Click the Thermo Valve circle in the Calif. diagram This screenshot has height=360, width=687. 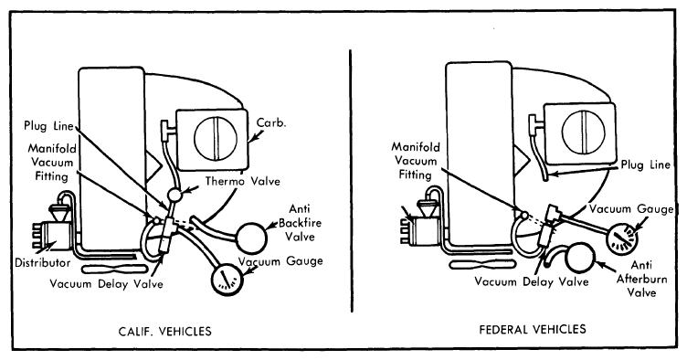click(x=174, y=193)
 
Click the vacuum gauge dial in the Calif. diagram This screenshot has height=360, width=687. click(x=227, y=279)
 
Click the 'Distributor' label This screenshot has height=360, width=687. click(x=43, y=263)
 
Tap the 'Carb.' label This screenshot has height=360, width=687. click(x=271, y=123)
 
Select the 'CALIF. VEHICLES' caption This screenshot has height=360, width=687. click(x=164, y=331)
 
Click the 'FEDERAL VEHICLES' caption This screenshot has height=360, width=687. click(x=533, y=329)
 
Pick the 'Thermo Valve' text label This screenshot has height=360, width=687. click(x=243, y=181)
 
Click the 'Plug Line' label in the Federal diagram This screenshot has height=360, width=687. click(x=645, y=165)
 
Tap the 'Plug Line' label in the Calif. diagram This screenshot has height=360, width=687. click(x=48, y=126)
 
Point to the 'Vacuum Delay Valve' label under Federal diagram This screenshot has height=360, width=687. click(x=532, y=281)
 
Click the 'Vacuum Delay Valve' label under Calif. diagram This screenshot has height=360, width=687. click(x=106, y=284)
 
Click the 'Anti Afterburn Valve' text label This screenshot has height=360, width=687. click(x=642, y=279)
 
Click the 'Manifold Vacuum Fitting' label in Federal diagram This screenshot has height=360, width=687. click(x=416, y=160)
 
